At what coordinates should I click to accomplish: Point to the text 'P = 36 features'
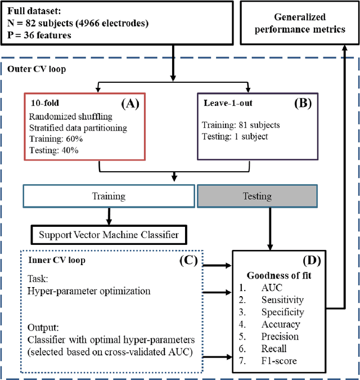[39, 35]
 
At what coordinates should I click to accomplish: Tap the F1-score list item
[280, 361]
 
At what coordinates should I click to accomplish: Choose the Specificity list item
[282, 312]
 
